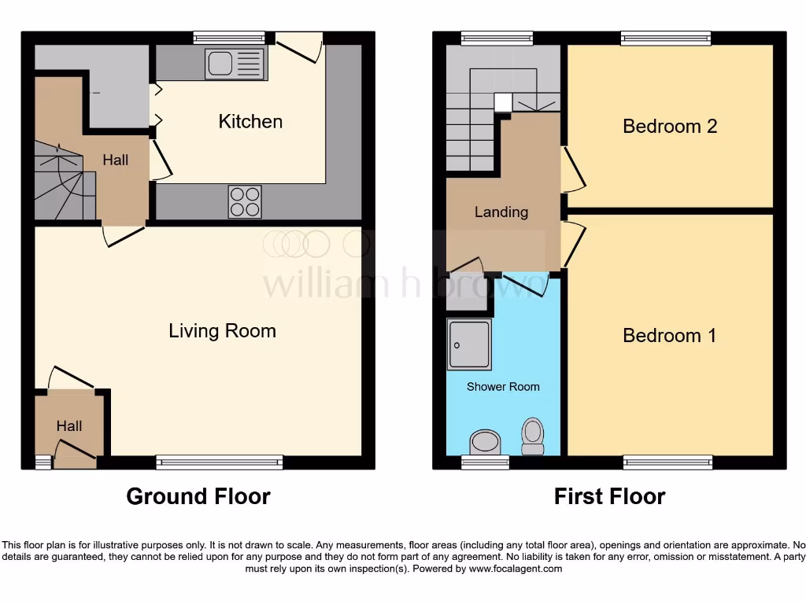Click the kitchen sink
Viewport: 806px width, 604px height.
click(234, 64)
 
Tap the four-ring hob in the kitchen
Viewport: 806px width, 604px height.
click(245, 201)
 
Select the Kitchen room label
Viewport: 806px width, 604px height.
click(250, 121)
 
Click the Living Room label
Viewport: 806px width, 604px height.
click(222, 330)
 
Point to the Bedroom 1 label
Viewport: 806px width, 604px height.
click(669, 336)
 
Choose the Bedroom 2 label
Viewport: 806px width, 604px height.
click(669, 126)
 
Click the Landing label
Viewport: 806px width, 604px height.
click(501, 212)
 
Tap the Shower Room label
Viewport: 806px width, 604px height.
click(503, 387)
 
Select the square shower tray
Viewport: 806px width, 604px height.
click(470, 344)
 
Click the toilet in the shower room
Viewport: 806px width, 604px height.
click(533, 435)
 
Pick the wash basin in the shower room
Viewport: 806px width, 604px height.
click(484, 441)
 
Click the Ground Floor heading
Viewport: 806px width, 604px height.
click(198, 497)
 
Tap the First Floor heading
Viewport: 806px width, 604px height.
click(609, 497)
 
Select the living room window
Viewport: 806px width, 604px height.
click(219, 462)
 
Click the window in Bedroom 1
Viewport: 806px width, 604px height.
click(667, 462)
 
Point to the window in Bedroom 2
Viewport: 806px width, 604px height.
click(665, 38)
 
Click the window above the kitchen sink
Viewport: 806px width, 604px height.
click(229, 38)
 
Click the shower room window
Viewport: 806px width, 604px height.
click(484, 462)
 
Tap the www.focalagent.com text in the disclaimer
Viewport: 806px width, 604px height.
click(516, 569)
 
